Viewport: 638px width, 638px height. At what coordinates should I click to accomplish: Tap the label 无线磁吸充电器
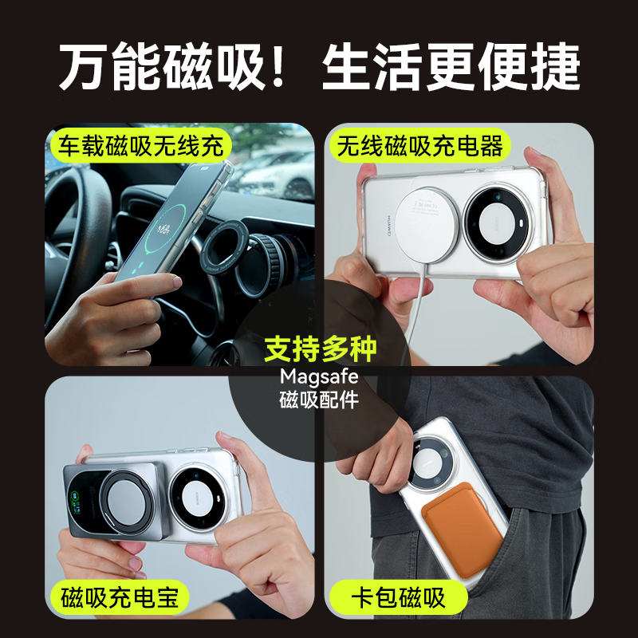(420, 146)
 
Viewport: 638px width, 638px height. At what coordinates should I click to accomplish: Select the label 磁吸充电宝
(124, 597)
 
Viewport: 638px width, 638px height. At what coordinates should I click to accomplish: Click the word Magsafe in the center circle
(319, 376)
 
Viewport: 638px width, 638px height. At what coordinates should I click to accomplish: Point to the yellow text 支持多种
(319, 349)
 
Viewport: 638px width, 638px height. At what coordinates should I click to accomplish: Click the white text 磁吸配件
(319, 400)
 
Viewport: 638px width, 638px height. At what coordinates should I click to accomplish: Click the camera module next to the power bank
(196, 494)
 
